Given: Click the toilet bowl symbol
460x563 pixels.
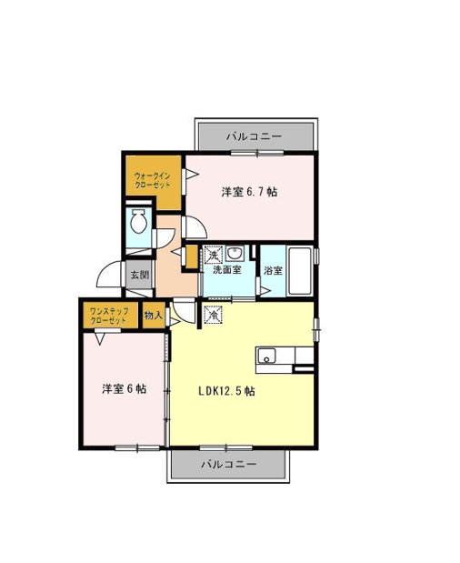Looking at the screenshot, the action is [x=138, y=221].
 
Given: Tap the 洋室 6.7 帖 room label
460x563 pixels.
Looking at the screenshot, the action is [x=249, y=192].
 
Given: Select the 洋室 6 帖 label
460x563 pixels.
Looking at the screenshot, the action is [x=125, y=389].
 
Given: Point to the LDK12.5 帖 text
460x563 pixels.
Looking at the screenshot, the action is [x=226, y=391].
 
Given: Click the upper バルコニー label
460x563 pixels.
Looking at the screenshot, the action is [x=254, y=136].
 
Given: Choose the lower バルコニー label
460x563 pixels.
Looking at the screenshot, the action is [x=228, y=464].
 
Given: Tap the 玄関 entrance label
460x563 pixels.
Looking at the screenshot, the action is [x=139, y=275].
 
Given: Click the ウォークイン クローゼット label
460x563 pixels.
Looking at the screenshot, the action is [x=152, y=181].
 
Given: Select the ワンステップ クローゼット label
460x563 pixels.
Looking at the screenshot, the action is [x=109, y=316].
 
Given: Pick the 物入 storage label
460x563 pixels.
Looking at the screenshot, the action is [x=154, y=316].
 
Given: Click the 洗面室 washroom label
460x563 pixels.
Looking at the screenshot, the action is [x=226, y=269].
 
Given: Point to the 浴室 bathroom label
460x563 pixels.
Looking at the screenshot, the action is [x=273, y=270].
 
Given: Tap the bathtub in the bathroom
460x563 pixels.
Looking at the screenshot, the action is [x=300, y=271].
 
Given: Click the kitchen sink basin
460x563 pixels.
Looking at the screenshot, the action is [x=266, y=356].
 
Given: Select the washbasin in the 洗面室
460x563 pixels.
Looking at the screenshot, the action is [x=235, y=254].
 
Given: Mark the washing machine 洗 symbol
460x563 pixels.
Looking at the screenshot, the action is [x=214, y=256].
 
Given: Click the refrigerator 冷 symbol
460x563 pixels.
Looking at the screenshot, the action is [x=213, y=315].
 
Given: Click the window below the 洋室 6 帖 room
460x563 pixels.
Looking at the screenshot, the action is [x=137, y=447].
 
